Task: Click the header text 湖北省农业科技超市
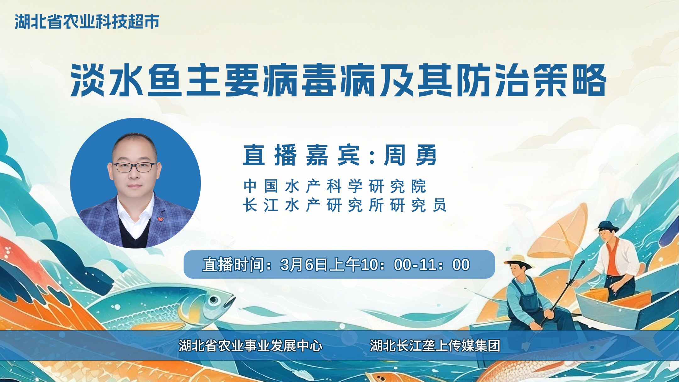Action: tap(87, 22)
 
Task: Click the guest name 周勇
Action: tap(411, 155)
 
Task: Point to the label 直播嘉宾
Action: tap(301, 155)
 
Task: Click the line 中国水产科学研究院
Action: tap(335, 186)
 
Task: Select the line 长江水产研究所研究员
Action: tap(345, 205)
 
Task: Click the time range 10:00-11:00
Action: tap(415, 265)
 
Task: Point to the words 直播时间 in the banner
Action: tap(233, 265)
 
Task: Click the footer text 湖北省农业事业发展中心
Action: tap(251, 346)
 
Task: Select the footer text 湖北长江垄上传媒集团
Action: tap(435, 346)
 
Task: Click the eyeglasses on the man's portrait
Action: tap(135, 167)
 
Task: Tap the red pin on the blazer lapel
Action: tap(161, 219)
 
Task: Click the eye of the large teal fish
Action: tap(214, 300)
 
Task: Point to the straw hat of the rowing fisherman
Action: tap(518, 261)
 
